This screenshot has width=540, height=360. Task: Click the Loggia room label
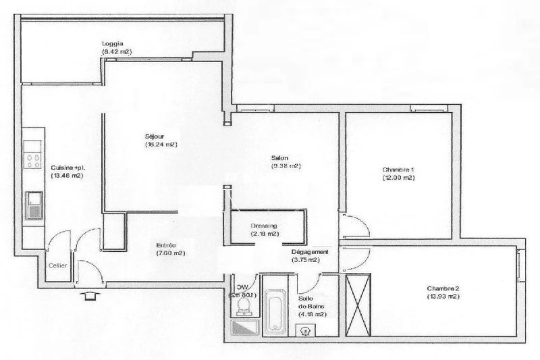pyautogui.click(x=113, y=44)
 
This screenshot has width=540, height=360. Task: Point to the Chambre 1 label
pyautogui.click(x=398, y=170)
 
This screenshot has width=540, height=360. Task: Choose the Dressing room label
pyautogui.click(x=263, y=226)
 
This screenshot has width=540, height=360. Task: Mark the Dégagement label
pyautogui.click(x=305, y=251)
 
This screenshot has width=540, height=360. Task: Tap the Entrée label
pyautogui.click(x=166, y=245)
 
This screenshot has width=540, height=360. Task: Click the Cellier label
pyautogui.click(x=57, y=265)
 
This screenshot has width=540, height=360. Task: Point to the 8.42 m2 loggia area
pyautogui.click(x=116, y=51)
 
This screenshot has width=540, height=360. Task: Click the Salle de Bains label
pyautogui.click(x=311, y=305)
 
